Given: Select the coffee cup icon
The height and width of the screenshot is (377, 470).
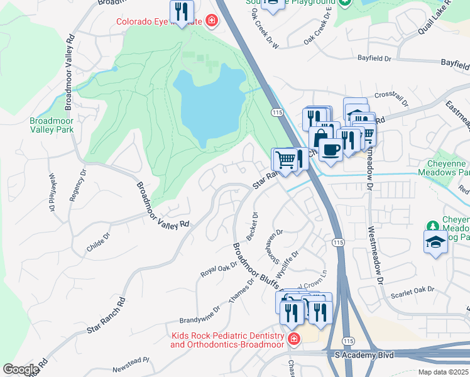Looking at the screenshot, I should pyautogui.click(x=331, y=150).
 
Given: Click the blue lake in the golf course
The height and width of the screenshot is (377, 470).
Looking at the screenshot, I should pyautogui.click(x=207, y=104).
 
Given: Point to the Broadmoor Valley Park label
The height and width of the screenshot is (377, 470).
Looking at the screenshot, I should pyautogui.click(x=52, y=125).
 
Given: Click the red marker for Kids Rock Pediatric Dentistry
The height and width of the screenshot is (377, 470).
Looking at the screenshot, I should pyautogui.click(x=293, y=340).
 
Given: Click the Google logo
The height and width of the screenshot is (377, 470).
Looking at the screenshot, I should pyautogui.click(x=21, y=369).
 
